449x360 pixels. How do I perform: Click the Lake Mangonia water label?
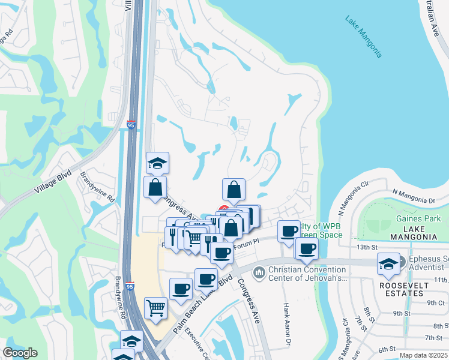pos(363,37)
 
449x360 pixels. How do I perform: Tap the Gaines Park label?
pos(418,218)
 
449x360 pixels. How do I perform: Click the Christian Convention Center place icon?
pos(259,272)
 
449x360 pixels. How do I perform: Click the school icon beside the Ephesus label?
pos(388,263)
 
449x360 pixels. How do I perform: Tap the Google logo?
pos(20,353)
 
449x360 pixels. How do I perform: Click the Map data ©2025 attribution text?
pos(423,355)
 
